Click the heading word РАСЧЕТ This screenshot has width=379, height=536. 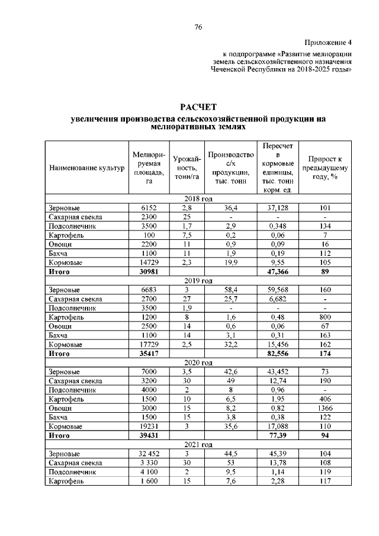point(198,107)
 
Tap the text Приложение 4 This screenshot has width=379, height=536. point(328,43)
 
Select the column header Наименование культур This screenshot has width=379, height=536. point(86,168)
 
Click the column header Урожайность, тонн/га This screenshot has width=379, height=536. point(187,168)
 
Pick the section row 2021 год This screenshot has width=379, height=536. point(198,444)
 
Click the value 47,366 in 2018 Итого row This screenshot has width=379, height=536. point(277,272)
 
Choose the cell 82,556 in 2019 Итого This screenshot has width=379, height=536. point(277,354)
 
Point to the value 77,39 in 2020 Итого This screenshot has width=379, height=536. point(277,435)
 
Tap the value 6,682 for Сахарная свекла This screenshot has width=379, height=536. point(277,299)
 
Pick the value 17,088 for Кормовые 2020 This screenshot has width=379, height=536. point(277,426)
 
